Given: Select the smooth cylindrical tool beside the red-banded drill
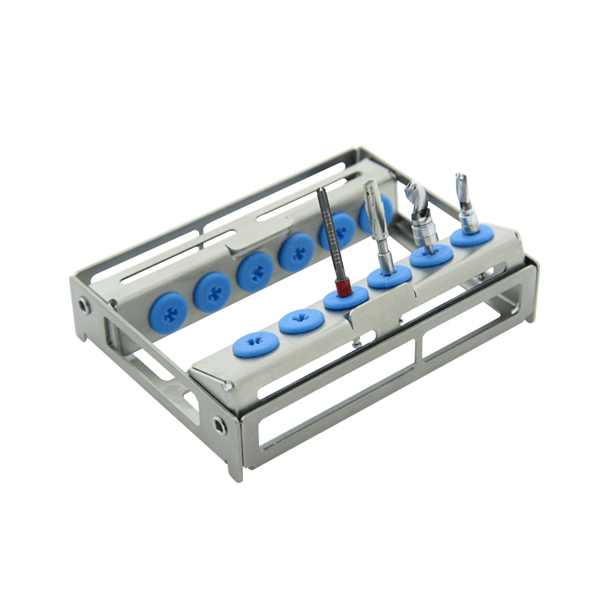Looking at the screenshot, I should [x=377, y=225].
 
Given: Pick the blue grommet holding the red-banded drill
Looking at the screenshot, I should [x=346, y=298].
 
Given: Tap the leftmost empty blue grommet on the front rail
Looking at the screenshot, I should [x=256, y=344].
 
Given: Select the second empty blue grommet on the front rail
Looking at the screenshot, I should [x=301, y=320].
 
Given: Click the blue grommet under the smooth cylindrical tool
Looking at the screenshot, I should [x=389, y=277].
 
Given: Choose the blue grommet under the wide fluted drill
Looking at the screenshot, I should [x=432, y=256].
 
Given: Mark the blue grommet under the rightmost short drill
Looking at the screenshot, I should [x=472, y=235].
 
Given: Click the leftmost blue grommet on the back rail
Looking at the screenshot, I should [x=168, y=312].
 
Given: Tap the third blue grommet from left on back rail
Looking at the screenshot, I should [x=255, y=271].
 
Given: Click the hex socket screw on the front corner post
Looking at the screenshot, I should [x=219, y=425].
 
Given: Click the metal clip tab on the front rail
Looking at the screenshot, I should [x=372, y=311].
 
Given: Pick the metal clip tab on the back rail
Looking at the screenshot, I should [x=255, y=242].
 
